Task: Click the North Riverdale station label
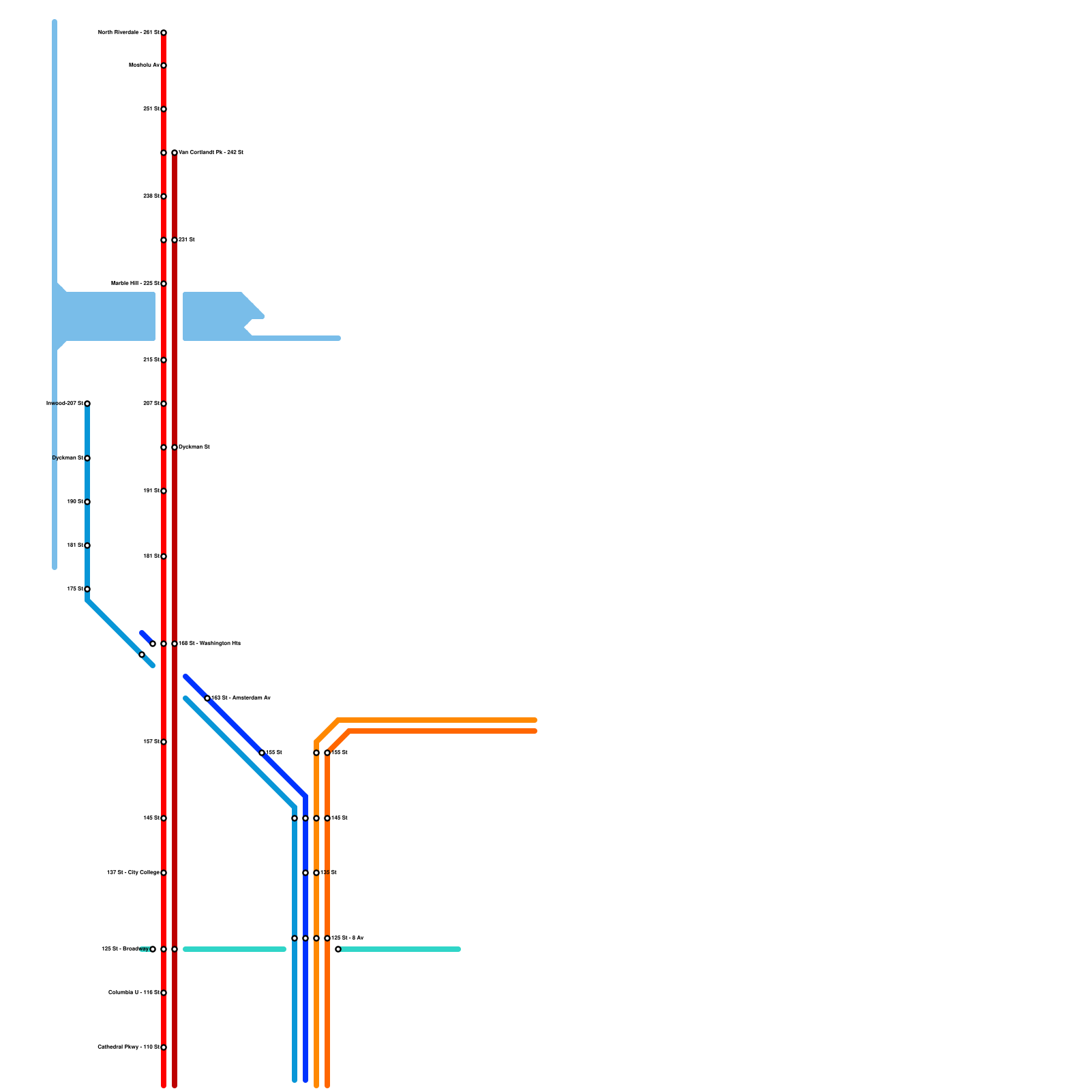[x=129, y=32]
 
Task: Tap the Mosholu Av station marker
[x=164, y=65]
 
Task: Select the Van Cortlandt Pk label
[x=211, y=152]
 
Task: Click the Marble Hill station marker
[x=164, y=284]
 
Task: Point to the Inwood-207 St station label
[x=65, y=403]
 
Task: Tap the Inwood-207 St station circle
[x=87, y=404]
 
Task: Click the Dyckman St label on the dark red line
[x=194, y=447]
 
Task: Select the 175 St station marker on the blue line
[x=87, y=589]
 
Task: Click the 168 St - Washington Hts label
[x=209, y=643]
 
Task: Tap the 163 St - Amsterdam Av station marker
[x=207, y=698]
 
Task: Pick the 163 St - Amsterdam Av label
[x=241, y=698]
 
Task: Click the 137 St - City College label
[x=133, y=872]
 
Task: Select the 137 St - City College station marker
[x=164, y=873]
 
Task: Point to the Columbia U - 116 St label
[x=134, y=992]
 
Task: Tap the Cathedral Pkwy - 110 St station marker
[x=164, y=1047]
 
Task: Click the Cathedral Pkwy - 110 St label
[x=128, y=1047]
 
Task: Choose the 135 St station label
[x=329, y=872]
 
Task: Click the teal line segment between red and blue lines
[x=234, y=949]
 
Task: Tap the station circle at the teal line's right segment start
[x=338, y=949]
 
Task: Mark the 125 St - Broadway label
[x=125, y=948]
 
